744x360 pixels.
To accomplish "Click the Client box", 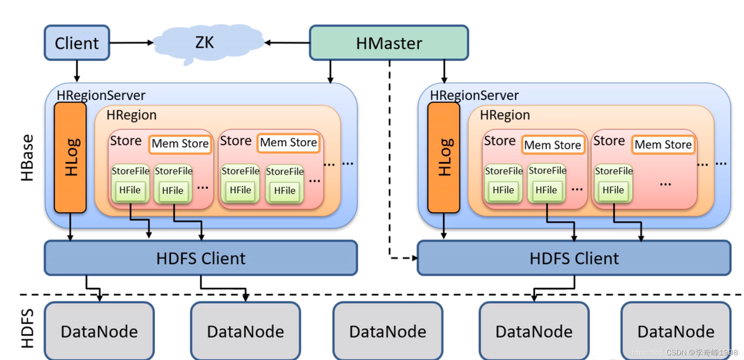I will pyautogui.click(x=77, y=43).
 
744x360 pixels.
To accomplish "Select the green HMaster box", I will pyautogui.click(x=389, y=43).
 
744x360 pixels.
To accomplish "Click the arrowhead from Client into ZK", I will pyautogui.click(x=151, y=43).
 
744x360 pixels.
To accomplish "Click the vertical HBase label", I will pyautogui.click(x=27, y=158).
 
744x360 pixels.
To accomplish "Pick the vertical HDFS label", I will pyautogui.click(x=27, y=329).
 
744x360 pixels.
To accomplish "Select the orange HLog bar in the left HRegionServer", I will pyautogui.click(x=70, y=158).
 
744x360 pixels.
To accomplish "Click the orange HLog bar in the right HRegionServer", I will pyautogui.click(x=444, y=158).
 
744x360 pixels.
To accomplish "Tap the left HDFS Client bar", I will pyautogui.click(x=201, y=258).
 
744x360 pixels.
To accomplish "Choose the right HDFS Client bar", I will pyautogui.click(x=574, y=258).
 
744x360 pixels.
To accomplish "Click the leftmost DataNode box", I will pyautogui.click(x=99, y=331).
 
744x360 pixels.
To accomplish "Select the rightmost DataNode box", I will pyautogui.click(x=676, y=331).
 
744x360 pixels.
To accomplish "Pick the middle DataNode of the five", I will pyautogui.click(x=388, y=331).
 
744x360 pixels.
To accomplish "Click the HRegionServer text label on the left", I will pyautogui.click(x=101, y=95).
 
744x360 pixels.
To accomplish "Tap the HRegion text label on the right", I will pyautogui.click(x=505, y=115).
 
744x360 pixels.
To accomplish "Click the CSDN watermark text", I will pyautogui.click(x=701, y=352).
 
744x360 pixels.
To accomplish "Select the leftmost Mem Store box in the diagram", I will pyautogui.click(x=180, y=144).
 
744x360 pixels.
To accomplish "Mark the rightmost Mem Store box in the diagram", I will pyautogui.click(x=663, y=145).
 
